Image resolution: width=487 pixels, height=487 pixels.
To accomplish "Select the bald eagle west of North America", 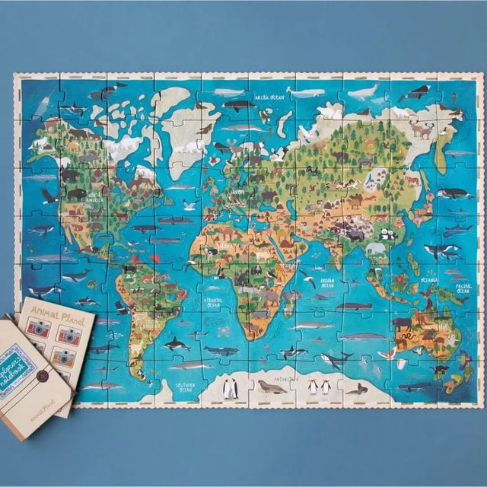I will tap(49, 196).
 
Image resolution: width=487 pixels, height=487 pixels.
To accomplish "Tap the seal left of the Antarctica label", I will tap(270, 387).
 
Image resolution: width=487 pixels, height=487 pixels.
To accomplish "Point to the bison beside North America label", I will tap(76, 194).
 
